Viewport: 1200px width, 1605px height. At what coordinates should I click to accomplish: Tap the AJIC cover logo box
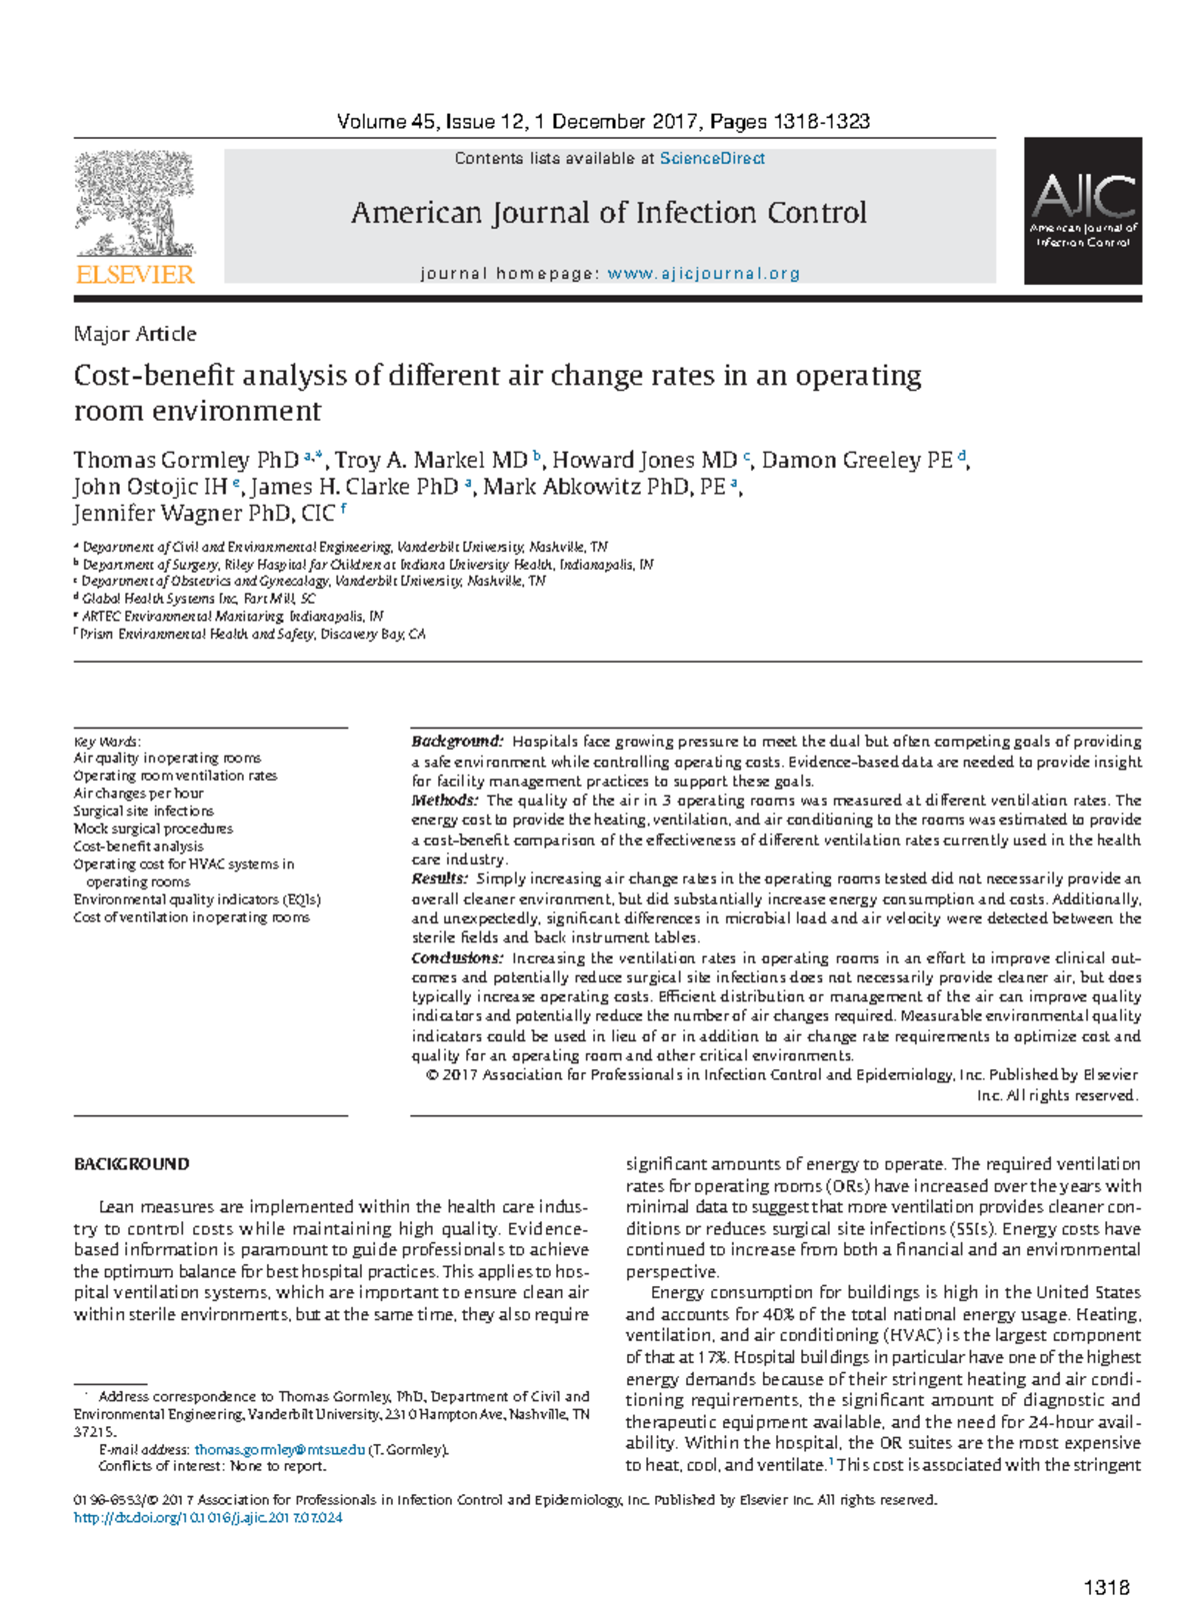pyautogui.click(x=1083, y=211)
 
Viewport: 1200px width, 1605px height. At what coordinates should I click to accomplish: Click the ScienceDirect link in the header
pyautogui.click(x=712, y=158)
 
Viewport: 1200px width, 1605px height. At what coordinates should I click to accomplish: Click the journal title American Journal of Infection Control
pyautogui.click(x=608, y=213)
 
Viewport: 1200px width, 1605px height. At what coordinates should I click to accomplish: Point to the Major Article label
pyautogui.click(x=135, y=334)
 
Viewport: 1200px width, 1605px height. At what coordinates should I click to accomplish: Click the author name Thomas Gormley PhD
pyautogui.click(x=185, y=461)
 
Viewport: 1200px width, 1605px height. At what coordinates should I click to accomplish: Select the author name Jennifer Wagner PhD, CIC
pyautogui.click(x=203, y=514)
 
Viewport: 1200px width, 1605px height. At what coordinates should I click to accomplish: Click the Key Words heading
pyautogui.click(x=107, y=742)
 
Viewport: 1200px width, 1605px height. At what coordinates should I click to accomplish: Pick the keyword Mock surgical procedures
pyautogui.click(x=153, y=828)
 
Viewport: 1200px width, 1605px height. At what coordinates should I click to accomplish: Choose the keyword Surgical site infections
pyautogui.click(x=143, y=810)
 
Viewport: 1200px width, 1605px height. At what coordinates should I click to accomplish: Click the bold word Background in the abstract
pyautogui.click(x=456, y=742)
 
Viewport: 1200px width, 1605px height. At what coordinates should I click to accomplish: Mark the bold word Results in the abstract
pyautogui.click(x=439, y=878)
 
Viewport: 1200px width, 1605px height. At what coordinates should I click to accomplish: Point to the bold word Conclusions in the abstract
pyautogui.click(x=457, y=957)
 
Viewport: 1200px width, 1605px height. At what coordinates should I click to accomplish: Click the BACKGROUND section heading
pyautogui.click(x=131, y=1164)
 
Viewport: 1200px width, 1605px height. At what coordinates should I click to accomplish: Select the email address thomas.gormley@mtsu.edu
pyautogui.click(x=279, y=1449)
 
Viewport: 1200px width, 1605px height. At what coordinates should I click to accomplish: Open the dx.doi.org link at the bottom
pyautogui.click(x=208, y=1517)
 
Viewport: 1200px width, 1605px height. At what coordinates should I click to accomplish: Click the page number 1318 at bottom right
pyautogui.click(x=1106, y=1587)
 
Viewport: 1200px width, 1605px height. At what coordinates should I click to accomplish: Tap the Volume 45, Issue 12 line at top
pyautogui.click(x=603, y=122)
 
